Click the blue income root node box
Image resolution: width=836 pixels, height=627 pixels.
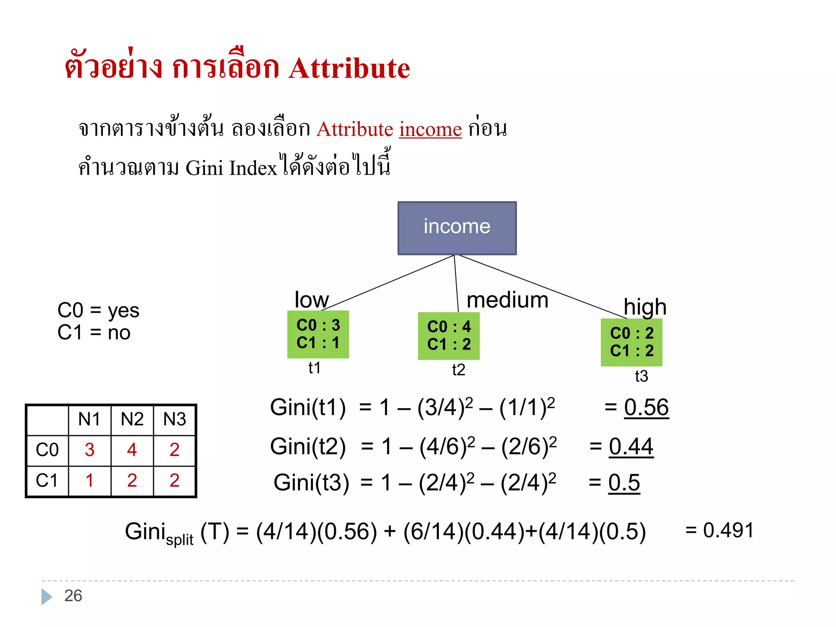pyautogui.click(x=457, y=228)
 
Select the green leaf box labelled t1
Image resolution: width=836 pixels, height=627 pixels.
pyautogui.click(x=318, y=334)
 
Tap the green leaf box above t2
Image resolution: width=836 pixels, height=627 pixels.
pyautogui.click(x=449, y=336)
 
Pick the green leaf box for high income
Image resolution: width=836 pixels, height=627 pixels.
pyautogui.click(x=631, y=342)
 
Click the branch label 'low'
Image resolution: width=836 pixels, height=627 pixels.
pyautogui.click(x=311, y=300)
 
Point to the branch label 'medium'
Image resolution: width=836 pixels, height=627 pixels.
pyautogui.click(x=507, y=300)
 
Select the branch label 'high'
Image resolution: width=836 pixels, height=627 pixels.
pyautogui.click(x=645, y=307)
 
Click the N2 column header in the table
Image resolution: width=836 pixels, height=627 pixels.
pyautogui.click(x=132, y=419)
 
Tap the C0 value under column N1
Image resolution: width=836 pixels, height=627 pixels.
pyautogui.click(x=89, y=450)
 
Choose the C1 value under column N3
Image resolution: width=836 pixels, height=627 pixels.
pyautogui.click(x=174, y=480)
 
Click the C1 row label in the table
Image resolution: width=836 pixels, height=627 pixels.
pyautogui.click(x=47, y=480)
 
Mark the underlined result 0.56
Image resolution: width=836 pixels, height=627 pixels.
pyautogui.click(x=646, y=407)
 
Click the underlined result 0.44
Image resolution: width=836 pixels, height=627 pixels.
pyautogui.click(x=631, y=446)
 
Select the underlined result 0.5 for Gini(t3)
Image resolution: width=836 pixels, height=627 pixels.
pyautogui.click(x=624, y=482)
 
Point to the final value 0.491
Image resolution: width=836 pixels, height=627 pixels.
pyautogui.click(x=728, y=530)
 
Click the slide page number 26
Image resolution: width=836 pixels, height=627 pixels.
pyautogui.click(x=73, y=596)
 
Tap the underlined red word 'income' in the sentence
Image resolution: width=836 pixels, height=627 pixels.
pyautogui.click(x=430, y=129)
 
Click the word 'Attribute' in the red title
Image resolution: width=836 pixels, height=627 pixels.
pyautogui.click(x=349, y=68)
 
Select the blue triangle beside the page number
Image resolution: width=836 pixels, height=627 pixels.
pyautogui.click(x=46, y=596)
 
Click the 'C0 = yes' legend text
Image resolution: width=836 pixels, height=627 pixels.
pyautogui.click(x=98, y=310)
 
